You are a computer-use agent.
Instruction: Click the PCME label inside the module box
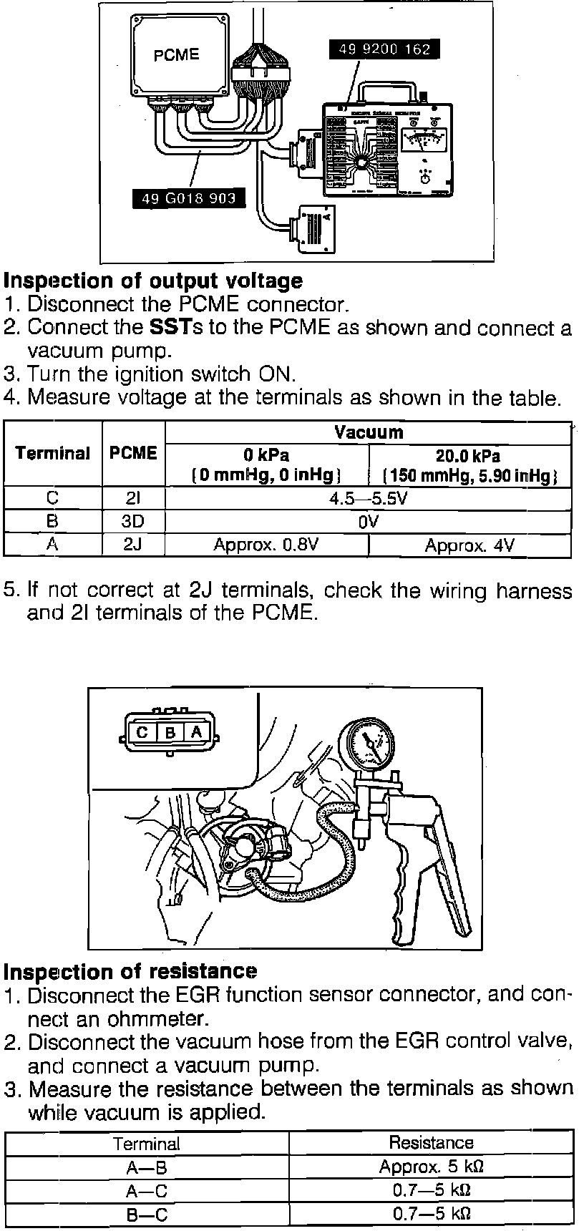tap(176, 55)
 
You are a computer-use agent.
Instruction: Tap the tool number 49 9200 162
tap(384, 49)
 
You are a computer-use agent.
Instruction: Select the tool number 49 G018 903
tap(189, 198)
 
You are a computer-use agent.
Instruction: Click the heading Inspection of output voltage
tap(153, 281)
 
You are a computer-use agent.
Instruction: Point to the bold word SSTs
tap(170, 328)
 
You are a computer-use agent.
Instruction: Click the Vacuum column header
tap(368, 432)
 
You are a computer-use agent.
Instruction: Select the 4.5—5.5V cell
tap(368, 499)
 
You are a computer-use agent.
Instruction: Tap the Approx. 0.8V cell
tap(266, 545)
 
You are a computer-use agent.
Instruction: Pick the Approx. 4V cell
tap(469, 546)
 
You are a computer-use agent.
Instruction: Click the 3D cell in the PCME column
tap(133, 522)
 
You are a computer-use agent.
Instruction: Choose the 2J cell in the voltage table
tap(133, 545)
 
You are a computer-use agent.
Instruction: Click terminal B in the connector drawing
tap(170, 732)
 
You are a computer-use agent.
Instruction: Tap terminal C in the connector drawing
tap(142, 732)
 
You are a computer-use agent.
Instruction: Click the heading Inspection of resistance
tap(130, 971)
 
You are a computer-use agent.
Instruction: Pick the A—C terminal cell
tap(147, 1191)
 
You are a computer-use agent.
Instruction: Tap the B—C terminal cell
tap(147, 1215)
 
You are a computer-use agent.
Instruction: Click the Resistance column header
tap(431, 1143)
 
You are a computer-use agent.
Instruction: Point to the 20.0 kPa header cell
tap(469, 465)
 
